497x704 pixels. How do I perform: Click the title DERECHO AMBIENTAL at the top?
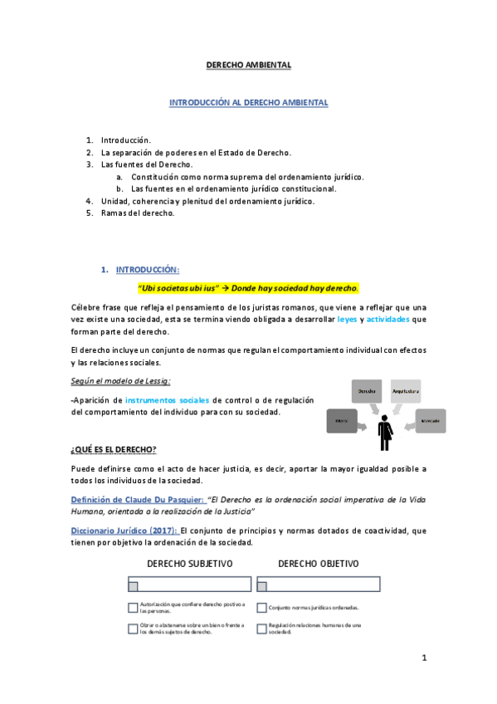[x=249, y=65]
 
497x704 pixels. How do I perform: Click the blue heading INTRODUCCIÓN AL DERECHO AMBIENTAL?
[x=249, y=103]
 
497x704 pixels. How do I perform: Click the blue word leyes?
[x=347, y=319]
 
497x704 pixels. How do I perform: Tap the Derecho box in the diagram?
[x=368, y=391]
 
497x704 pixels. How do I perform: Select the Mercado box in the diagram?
[x=430, y=422]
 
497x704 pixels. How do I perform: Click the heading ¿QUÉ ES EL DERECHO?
[x=114, y=449]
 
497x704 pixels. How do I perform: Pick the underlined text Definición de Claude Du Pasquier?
[x=136, y=498]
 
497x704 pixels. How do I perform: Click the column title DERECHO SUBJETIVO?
[x=190, y=564]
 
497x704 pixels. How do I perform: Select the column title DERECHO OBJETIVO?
[x=319, y=564]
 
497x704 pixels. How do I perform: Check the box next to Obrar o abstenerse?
[x=133, y=628]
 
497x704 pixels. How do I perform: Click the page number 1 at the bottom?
[x=423, y=658]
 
